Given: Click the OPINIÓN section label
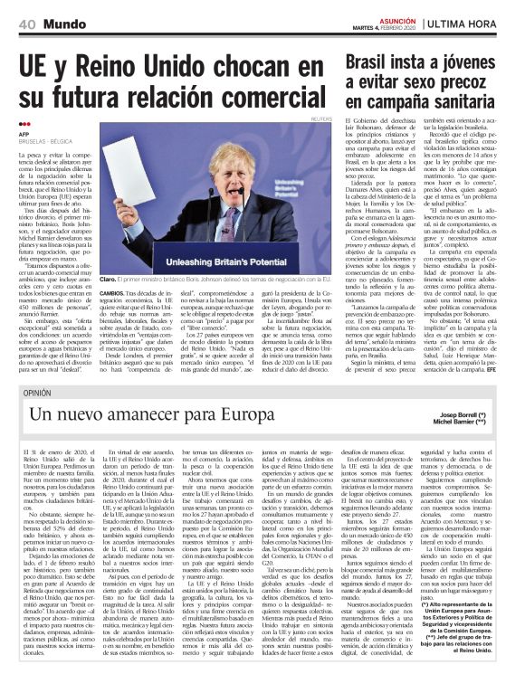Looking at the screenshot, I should pyautogui.click(x=36, y=392).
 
